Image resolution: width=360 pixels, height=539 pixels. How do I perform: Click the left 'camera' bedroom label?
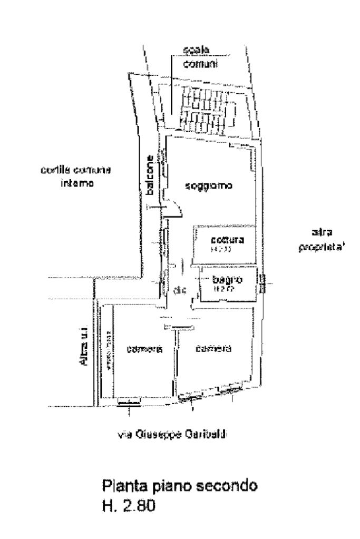[143, 349]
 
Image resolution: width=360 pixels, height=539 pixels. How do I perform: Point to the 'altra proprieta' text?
[321, 241]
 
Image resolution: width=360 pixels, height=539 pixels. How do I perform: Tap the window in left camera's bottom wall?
[129, 403]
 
